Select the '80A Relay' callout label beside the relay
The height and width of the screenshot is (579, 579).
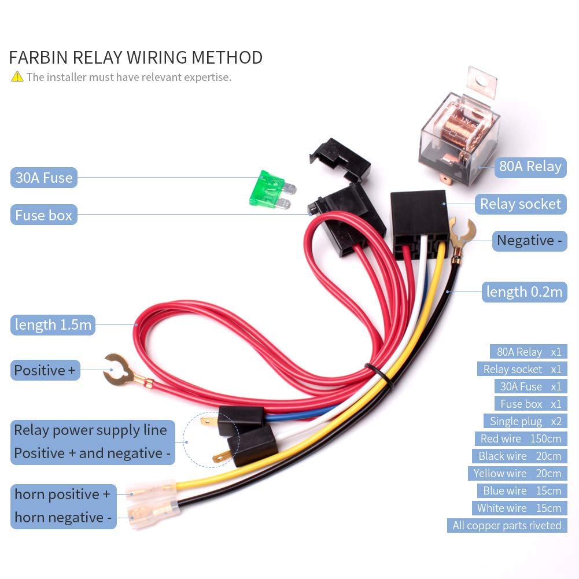[x=530, y=167]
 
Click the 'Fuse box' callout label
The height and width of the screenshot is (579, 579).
[x=44, y=215]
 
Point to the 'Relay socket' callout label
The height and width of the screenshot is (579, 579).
[x=521, y=204]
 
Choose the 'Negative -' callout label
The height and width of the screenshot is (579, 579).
[x=529, y=240]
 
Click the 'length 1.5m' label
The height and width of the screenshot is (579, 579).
[x=53, y=324]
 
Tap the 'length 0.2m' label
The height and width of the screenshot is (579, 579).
[x=524, y=292]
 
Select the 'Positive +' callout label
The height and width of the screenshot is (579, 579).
[x=45, y=370]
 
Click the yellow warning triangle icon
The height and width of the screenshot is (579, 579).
[x=17, y=76]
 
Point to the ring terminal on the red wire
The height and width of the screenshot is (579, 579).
[x=119, y=371]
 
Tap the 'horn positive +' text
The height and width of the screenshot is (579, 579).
[x=62, y=495]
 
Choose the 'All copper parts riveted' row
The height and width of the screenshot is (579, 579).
[x=507, y=525]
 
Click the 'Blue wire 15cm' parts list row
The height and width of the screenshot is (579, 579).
[x=522, y=491]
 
